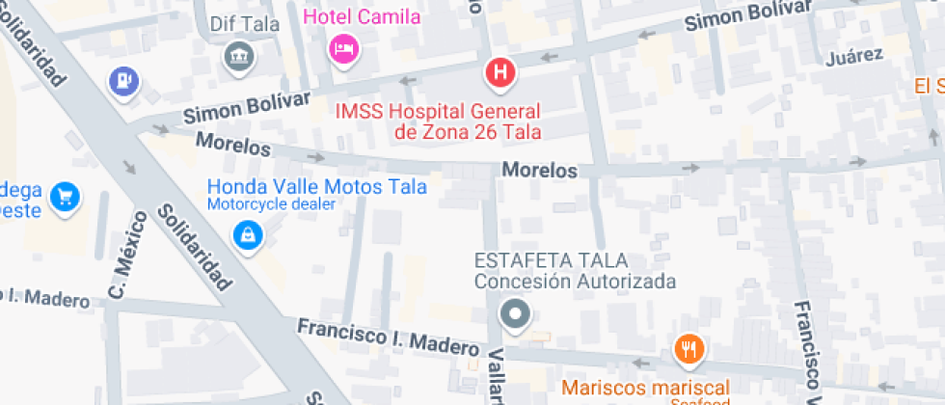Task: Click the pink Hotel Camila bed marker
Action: click(x=344, y=47)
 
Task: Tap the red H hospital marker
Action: click(x=500, y=71)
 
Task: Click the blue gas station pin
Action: click(x=123, y=81)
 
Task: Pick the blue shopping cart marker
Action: click(x=66, y=197)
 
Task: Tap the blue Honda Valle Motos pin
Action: click(x=248, y=233)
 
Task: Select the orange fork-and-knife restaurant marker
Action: click(x=688, y=348)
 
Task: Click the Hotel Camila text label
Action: click(x=362, y=16)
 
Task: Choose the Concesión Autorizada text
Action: click(x=574, y=282)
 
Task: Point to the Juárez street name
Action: click(x=854, y=56)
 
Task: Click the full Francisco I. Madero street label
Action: click(x=387, y=336)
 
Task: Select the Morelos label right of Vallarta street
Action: click(x=539, y=171)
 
